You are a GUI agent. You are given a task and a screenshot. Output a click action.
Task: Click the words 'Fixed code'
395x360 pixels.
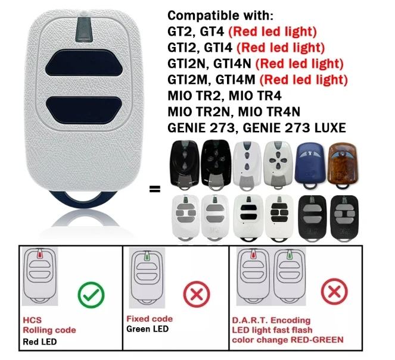tap(150, 319)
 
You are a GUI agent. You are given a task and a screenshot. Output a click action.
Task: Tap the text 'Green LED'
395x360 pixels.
tap(148, 329)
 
